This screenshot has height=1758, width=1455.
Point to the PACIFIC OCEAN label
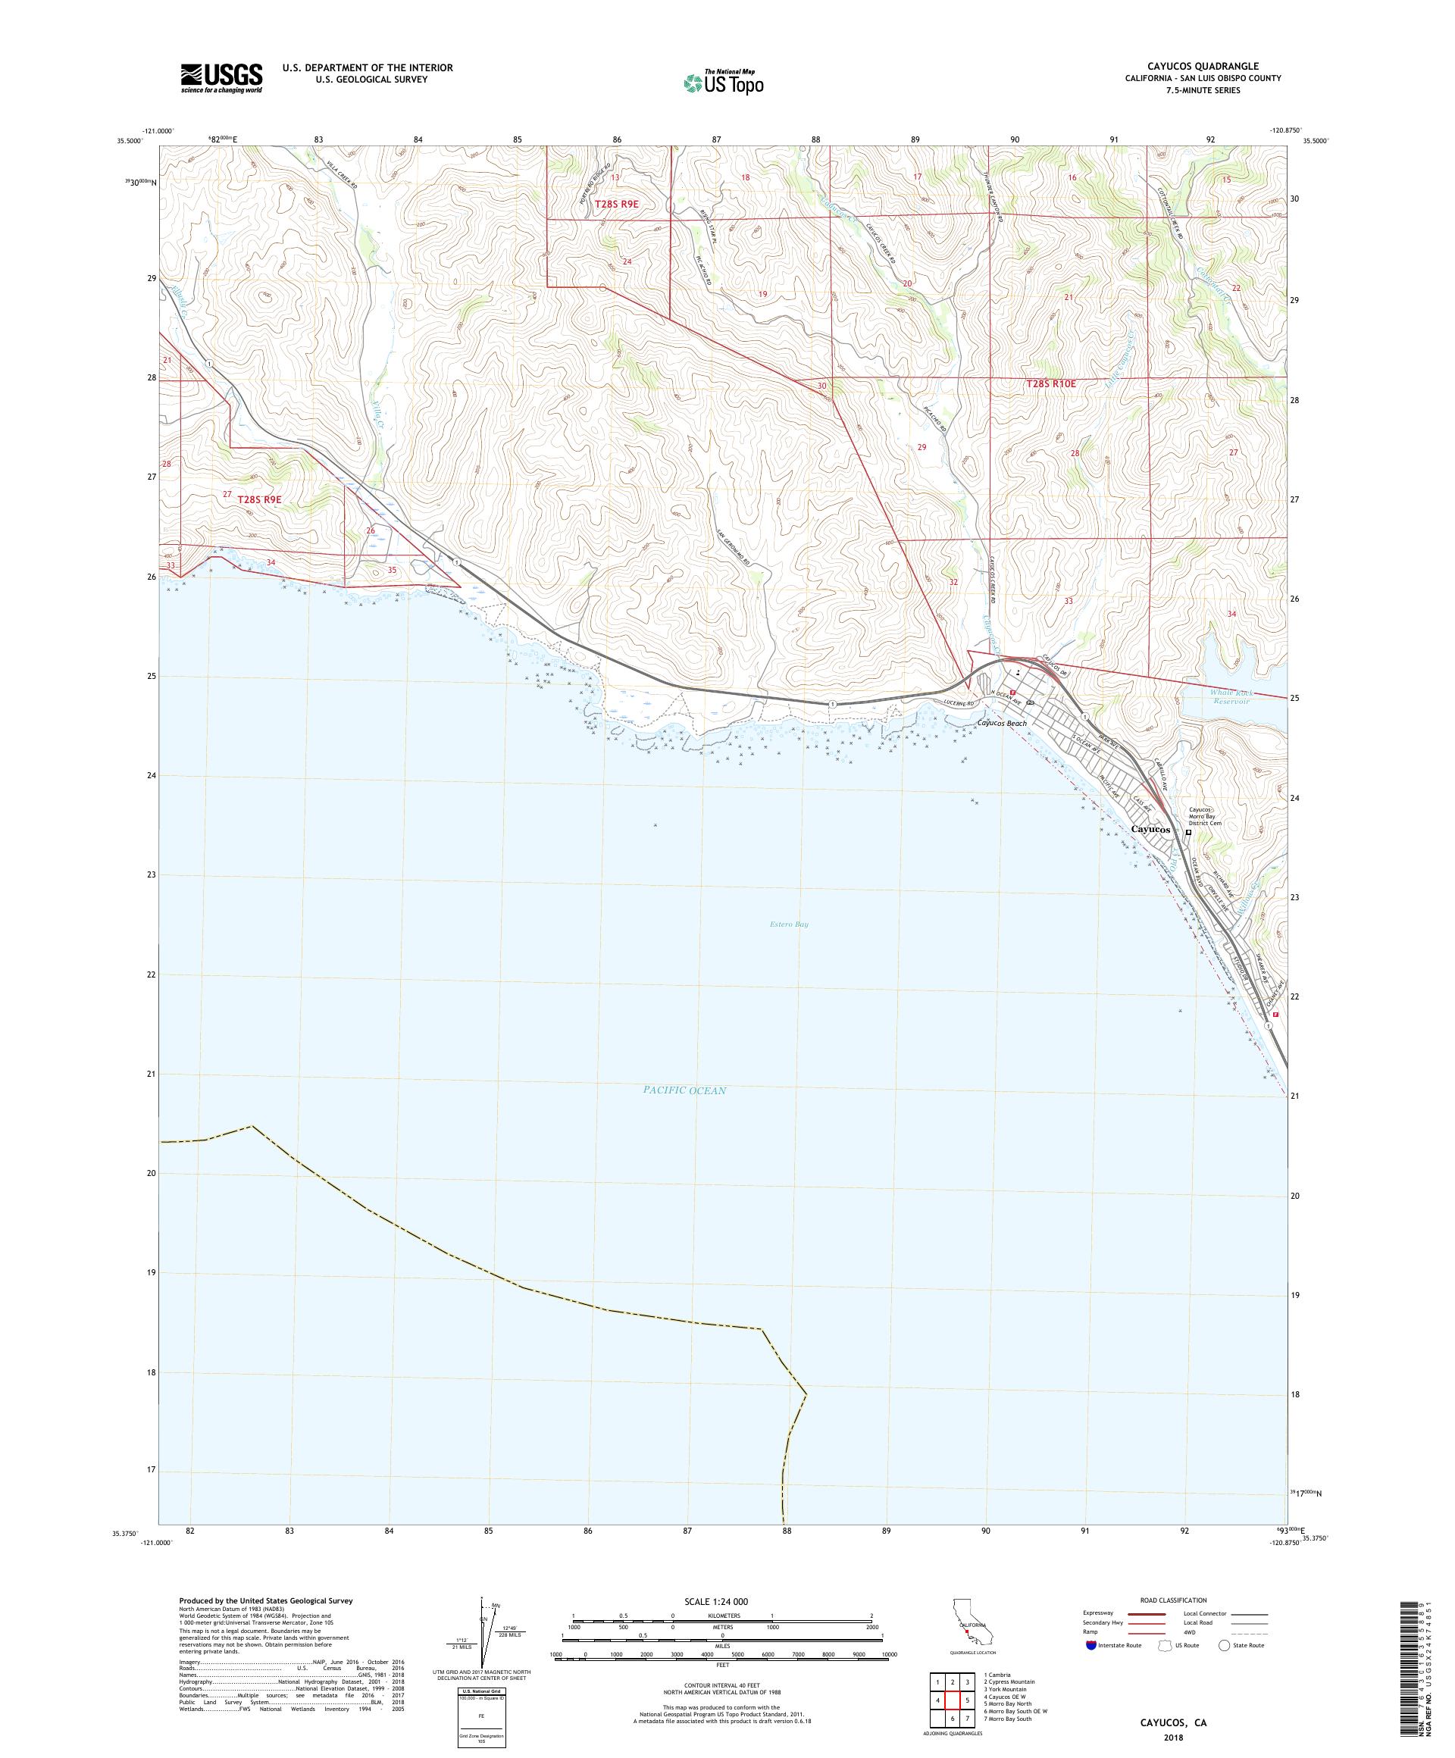pos(684,1090)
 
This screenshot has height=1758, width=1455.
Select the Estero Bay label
pos(788,924)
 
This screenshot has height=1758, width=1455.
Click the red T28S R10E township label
pos(1050,383)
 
